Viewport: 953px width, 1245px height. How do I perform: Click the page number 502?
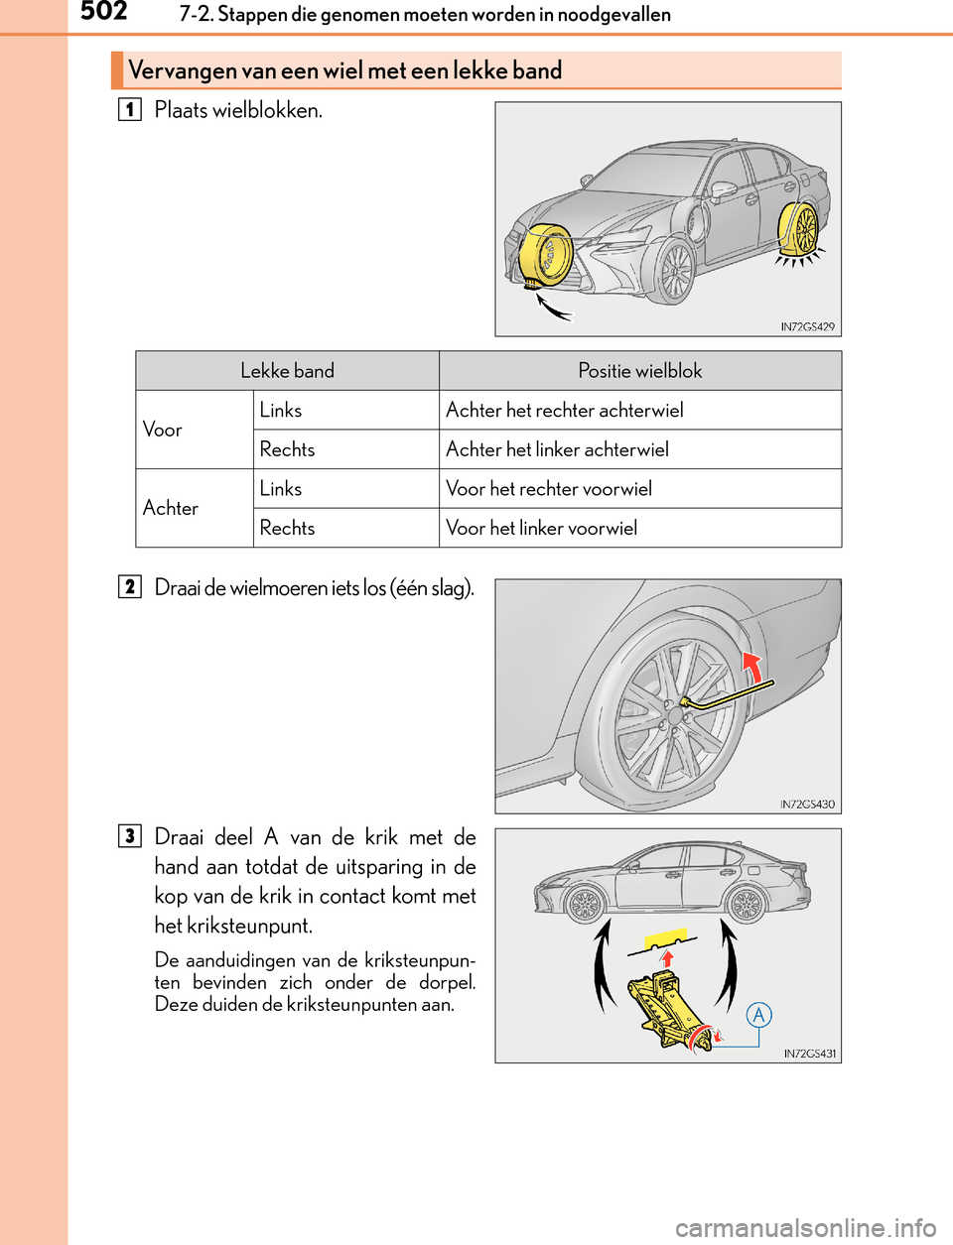point(103,12)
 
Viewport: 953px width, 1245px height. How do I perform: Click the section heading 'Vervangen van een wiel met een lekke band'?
point(344,70)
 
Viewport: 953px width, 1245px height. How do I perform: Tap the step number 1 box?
point(129,109)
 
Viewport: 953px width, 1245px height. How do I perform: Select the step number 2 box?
point(129,586)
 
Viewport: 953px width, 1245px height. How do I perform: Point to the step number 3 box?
point(129,835)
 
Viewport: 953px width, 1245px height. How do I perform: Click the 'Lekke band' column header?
point(287,371)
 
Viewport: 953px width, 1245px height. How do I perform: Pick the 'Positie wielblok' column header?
point(639,371)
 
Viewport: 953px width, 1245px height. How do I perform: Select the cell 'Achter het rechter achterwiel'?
point(564,410)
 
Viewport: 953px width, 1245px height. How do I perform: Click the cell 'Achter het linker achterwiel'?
point(557,449)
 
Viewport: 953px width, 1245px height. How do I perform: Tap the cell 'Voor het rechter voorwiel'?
point(548,488)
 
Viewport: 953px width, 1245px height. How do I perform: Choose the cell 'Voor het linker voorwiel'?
point(541,528)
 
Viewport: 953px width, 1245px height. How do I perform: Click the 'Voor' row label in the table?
point(163,430)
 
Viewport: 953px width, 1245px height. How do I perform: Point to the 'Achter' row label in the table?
point(171,508)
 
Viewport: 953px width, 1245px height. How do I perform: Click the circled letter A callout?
point(758,1014)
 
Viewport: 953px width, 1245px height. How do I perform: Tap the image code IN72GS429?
point(807,326)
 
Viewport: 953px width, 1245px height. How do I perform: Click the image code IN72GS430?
point(807,805)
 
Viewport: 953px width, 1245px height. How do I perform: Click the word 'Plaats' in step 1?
point(181,110)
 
